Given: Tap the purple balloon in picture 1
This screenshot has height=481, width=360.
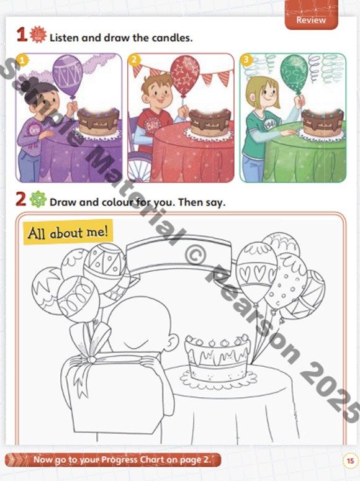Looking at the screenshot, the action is click(68, 74).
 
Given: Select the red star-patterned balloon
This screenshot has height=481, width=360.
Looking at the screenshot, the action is click(185, 75).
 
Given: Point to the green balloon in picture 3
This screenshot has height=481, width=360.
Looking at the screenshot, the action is click(294, 74).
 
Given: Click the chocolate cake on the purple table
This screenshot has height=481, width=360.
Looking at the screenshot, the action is click(98, 122).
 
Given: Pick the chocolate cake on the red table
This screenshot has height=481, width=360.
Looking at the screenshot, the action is click(210, 122).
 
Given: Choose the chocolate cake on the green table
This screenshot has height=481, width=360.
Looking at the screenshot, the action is click(322, 122).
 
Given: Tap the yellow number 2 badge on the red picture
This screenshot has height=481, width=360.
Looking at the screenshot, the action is click(134, 60).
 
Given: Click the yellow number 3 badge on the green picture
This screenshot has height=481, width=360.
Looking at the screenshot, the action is click(246, 60).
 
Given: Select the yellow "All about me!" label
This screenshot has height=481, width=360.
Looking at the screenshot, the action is click(68, 232).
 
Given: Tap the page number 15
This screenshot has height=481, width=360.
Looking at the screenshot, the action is click(350, 461).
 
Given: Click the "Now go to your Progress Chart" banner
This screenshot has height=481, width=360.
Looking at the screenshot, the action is click(113, 460).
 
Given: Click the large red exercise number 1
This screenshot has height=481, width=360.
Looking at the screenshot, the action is click(22, 34).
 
